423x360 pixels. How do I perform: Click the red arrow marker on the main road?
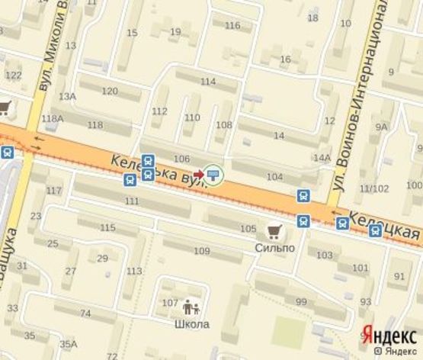[198, 175]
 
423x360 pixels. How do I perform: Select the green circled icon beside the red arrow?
[214, 175]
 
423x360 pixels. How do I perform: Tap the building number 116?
[232, 25]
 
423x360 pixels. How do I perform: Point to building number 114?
[207, 81]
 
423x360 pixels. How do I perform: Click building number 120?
[110, 91]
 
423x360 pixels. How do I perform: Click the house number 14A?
[322, 158]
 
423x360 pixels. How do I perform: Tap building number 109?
[201, 251]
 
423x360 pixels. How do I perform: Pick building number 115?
[107, 227]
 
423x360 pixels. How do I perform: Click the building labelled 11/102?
[374, 188]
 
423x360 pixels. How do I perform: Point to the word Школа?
[191, 324]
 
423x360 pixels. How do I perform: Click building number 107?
[170, 303]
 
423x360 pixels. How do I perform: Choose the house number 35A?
[68, 343]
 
